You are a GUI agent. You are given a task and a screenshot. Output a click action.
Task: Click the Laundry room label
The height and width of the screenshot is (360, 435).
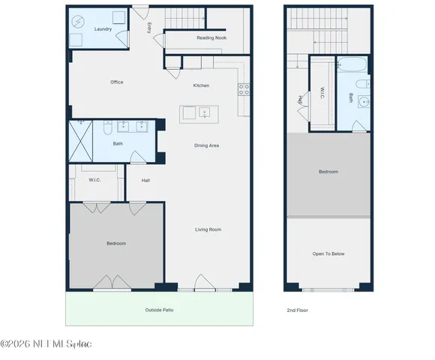(x=103, y=29)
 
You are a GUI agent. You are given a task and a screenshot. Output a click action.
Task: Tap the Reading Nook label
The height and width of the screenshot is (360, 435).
(x=211, y=37)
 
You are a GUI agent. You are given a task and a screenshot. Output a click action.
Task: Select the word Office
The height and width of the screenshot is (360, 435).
(x=116, y=82)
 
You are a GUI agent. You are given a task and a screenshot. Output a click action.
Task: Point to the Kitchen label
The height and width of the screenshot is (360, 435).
(x=201, y=85)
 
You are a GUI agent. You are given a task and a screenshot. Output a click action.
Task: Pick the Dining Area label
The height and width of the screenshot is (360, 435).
(x=206, y=145)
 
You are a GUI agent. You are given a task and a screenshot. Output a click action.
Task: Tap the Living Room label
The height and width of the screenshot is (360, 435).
(x=208, y=229)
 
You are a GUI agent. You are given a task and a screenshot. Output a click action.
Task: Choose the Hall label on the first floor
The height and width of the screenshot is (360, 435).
(x=146, y=180)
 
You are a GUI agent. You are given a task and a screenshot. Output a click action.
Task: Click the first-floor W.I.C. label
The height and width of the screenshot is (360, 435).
(x=95, y=180)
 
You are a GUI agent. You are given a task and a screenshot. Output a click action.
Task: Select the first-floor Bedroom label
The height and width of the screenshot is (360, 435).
(x=115, y=244)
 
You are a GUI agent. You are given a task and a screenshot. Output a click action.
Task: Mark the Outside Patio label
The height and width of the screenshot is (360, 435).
(x=159, y=309)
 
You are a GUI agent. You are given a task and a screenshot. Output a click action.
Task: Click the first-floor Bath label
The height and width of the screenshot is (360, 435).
(x=118, y=144)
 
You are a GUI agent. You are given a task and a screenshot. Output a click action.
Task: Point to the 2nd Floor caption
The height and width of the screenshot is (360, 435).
(x=297, y=310)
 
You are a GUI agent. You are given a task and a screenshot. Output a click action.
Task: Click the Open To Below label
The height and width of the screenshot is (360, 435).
(x=328, y=254)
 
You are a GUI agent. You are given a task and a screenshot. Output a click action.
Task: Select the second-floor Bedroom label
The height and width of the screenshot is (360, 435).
(x=328, y=172)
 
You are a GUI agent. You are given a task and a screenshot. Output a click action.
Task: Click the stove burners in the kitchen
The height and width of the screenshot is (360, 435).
(x=244, y=90)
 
